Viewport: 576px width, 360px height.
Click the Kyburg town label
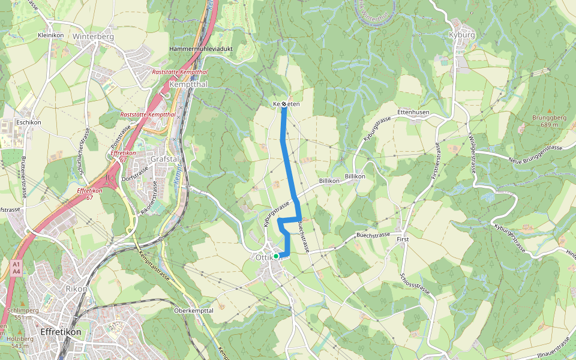coord(461,35)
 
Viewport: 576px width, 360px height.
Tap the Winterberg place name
coord(93,36)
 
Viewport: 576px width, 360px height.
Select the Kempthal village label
coord(188,85)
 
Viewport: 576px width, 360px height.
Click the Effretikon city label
coord(60,332)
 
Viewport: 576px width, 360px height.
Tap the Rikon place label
coord(76,289)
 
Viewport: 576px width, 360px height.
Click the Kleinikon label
coord(50,35)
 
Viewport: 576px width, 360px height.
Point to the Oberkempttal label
coord(193,310)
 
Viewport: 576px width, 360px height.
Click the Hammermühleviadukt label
coord(201,49)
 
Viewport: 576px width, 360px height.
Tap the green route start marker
coord(275,256)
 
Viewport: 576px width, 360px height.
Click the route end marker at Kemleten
coord(284,104)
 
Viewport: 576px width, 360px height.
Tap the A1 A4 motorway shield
coord(16,268)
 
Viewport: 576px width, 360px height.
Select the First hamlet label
coord(403,239)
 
